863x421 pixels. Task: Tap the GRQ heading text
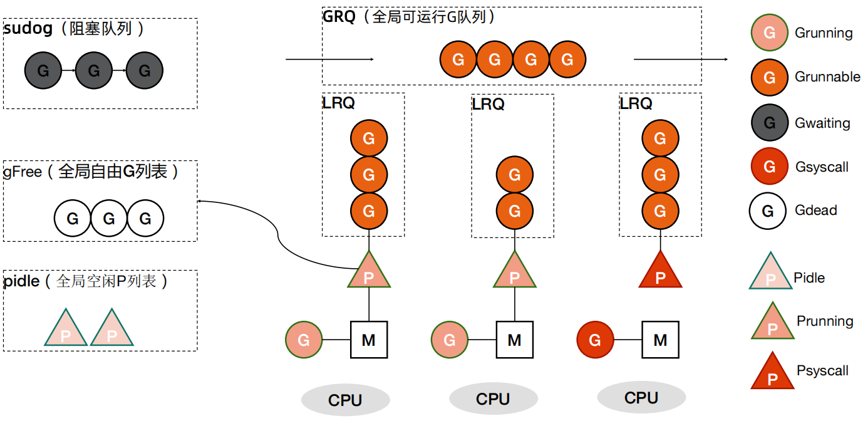click(x=338, y=17)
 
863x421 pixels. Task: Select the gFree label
click(x=23, y=172)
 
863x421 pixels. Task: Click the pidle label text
click(x=21, y=281)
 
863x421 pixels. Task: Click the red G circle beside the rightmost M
click(x=595, y=340)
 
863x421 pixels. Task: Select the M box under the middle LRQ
click(x=514, y=340)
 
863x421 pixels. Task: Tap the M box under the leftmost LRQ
click(x=368, y=340)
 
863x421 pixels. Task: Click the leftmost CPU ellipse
click(x=345, y=400)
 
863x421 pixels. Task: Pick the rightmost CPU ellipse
click(x=641, y=397)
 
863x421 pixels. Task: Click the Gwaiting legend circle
click(x=770, y=123)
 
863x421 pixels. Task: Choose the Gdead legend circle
click(x=768, y=210)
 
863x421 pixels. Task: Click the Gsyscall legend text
click(x=822, y=167)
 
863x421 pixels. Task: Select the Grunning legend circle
click(x=770, y=33)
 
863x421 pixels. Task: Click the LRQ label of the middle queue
click(x=488, y=105)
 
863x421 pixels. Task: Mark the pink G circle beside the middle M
click(x=450, y=340)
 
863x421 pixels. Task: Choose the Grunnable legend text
click(x=827, y=77)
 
